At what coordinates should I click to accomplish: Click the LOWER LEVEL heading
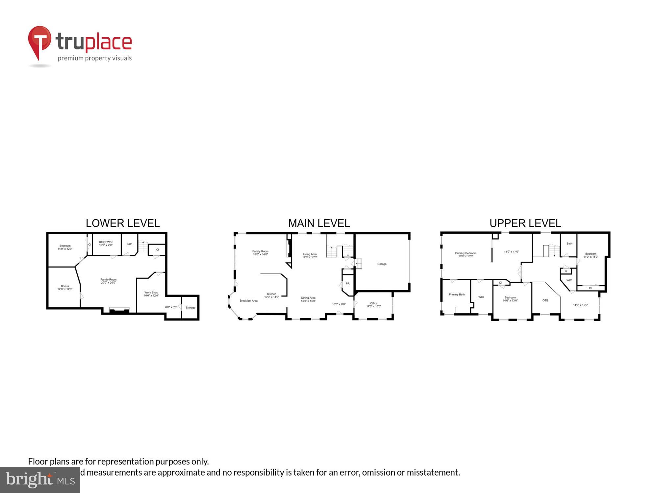(x=123, y=223)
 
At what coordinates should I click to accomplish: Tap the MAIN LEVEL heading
(x=319, y=223)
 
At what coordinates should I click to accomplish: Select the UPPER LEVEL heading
(x=525, y=223)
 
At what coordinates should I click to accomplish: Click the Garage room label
(x=382, y=264)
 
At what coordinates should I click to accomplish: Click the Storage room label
(x=190, y=308)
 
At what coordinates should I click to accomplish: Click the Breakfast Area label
(x=248, y=301)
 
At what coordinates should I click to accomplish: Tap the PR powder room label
(x=347, y=283)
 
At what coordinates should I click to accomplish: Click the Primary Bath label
(x=457, y=294)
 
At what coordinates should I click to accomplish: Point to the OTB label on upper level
(x=545, y=300)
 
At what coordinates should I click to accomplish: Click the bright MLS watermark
(x=40, y=480)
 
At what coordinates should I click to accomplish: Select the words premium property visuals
(x=95, y=58)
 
